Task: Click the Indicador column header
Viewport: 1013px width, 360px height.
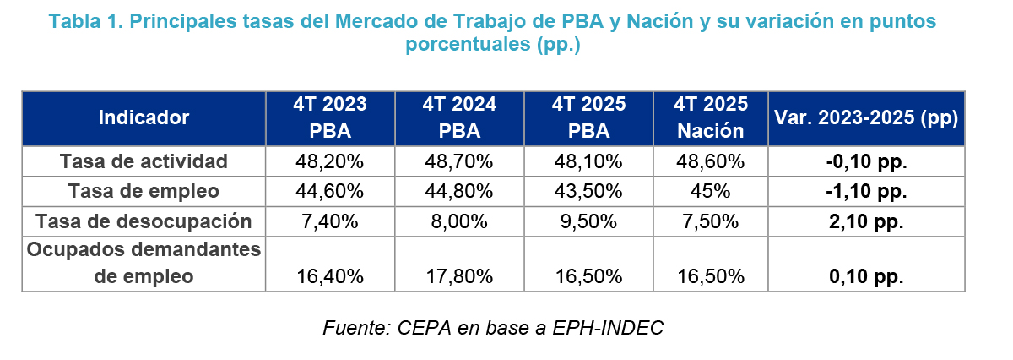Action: point(144,117)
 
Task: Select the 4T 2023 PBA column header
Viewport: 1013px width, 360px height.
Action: point(330,117)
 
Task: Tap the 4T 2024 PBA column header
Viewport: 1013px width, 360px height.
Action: point(459,117)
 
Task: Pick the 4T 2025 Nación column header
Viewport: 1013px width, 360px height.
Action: point(711,117)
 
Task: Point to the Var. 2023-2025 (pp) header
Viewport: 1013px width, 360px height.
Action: point(865,117)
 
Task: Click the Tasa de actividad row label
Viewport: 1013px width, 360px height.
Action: point(144,161)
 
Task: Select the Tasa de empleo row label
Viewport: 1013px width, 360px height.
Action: point(144,191)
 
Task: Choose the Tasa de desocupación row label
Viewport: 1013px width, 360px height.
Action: point(144,221)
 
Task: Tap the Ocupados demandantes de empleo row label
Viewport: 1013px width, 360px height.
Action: point(144,263)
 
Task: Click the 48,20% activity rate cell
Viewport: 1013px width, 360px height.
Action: point(330,161)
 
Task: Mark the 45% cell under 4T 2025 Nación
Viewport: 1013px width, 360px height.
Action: point(711,191)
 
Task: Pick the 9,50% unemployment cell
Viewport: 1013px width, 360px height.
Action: point(588,221)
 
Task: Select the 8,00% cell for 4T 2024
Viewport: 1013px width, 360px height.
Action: point(459,221)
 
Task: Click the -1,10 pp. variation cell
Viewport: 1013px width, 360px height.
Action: point(865,191)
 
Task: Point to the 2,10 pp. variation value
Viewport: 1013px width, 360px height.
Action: point(865,221)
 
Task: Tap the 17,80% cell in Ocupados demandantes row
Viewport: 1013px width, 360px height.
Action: point(459,276)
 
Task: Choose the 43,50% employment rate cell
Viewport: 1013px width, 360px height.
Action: point(588,191)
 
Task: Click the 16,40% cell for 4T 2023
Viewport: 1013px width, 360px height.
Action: point(330,276)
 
